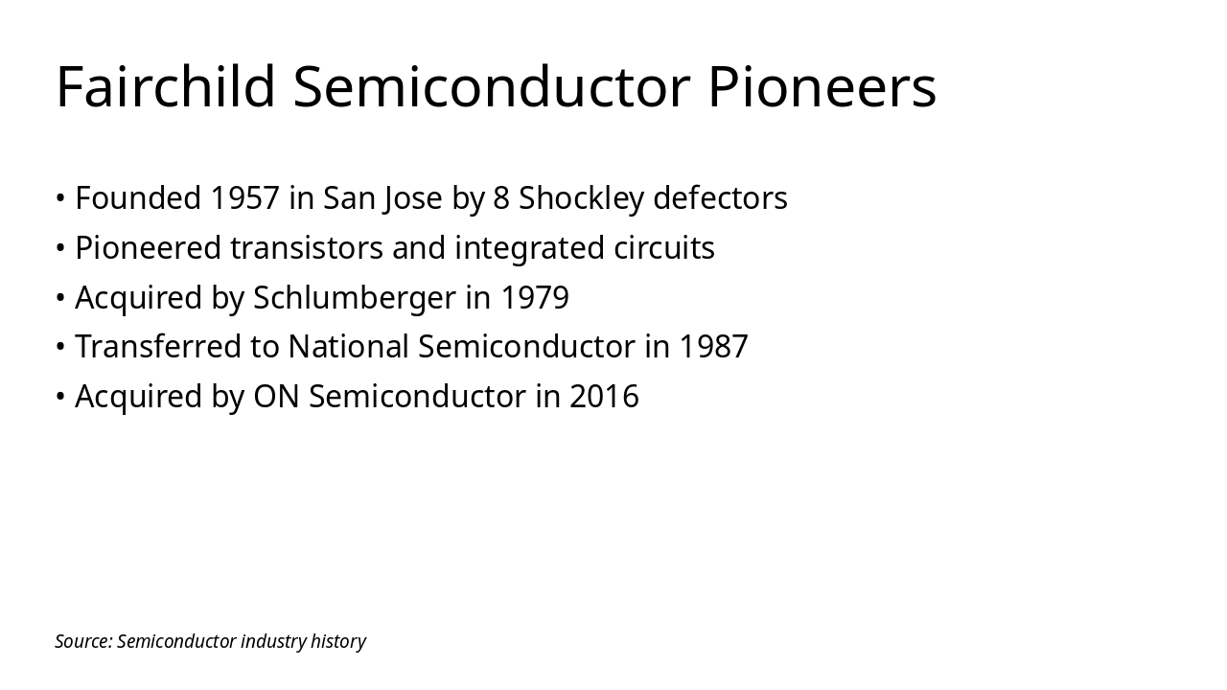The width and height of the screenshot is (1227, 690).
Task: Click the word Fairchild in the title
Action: click(x=166, y=86)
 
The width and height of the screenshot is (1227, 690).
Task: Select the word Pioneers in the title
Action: click(x=822, y=86)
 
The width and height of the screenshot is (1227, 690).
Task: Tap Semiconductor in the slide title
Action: click(x=492, y=86)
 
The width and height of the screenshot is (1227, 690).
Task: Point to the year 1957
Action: click(x=244, y=198)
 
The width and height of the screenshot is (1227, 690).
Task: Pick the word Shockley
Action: click(x=581, y=198)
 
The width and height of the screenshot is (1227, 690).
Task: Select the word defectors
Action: click(x=720, y=198)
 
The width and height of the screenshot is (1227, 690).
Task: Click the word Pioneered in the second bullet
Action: click(x=148, y=248)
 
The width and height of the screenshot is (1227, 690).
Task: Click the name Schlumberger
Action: click(x=354, y=298)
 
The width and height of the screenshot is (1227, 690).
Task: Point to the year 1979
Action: click(x=535, y=298)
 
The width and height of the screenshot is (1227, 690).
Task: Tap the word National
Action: click(x=348, y=347)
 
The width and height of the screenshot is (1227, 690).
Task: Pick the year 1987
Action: click(x=713, y=347)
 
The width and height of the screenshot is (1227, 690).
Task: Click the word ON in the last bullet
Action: click(x=276, y=397)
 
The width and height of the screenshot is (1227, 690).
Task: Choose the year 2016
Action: click(x=604, y=397)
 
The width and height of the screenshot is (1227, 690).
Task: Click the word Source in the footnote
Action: click(x=82, y=641)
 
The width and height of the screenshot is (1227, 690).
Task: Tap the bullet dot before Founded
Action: click(x=60, y=198)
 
